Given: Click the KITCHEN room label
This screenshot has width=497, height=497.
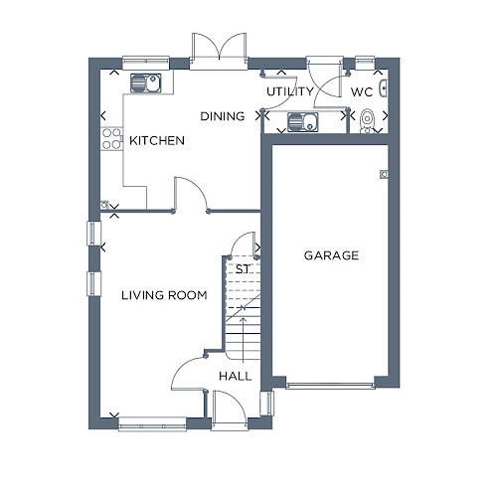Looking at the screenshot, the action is [x=157, y=140].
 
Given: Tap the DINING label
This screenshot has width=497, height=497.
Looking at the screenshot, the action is [x=223, y=116].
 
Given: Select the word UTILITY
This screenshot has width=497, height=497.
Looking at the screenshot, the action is [x=290, y=91].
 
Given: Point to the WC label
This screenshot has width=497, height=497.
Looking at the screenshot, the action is [x=362, y=91].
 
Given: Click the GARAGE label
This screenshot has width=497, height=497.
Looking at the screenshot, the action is [x=331, y=255].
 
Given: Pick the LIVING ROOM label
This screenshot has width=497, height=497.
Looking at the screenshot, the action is [x=164, y=295].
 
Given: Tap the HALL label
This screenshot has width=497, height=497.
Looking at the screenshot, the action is [x=236, y=376].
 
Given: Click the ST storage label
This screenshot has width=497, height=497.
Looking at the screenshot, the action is [x=243, y=269].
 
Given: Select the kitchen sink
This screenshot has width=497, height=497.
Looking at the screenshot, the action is [x=146, y=83].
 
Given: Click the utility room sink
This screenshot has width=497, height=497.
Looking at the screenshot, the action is [x=303, y=121].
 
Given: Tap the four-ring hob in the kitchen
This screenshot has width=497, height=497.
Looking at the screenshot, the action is [x=111, y=138].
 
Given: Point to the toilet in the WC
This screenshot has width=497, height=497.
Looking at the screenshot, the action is [x=367, y=121].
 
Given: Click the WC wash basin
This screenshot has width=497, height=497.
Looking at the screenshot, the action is [x=384, y=88].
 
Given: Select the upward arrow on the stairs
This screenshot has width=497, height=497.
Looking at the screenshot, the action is [x=244, y=340].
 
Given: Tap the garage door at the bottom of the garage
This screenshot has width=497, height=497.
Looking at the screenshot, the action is [x=330, y=386].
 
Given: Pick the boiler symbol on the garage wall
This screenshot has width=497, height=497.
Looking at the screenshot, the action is [x=384, y=174].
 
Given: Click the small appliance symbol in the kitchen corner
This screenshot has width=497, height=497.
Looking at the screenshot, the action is [x=104, y=205].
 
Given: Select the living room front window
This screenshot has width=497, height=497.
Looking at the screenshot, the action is [x=153, y=424].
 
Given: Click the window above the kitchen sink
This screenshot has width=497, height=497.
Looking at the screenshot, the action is [x=146, y=63].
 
